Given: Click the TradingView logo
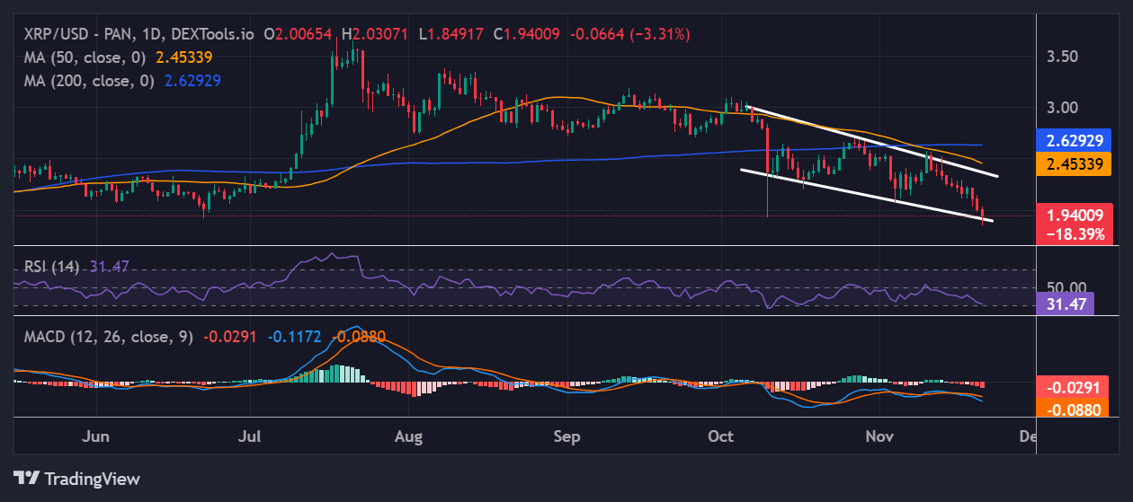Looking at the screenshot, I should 76,478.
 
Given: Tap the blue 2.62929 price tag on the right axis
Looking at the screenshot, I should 1075,140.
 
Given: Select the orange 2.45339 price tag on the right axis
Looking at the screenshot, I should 1075,163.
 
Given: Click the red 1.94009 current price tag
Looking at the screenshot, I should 1075,215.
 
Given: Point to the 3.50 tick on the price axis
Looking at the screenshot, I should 1062,57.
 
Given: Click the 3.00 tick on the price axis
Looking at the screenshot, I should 1062,108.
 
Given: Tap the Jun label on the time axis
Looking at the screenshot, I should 95,436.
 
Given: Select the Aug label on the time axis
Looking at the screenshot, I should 409,436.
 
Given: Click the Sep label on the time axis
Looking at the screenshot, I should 566,436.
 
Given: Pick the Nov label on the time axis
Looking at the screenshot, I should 879,436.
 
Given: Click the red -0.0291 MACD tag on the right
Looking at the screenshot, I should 1072,387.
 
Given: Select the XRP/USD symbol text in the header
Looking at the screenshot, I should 51,34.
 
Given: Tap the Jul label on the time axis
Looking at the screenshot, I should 251,436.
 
